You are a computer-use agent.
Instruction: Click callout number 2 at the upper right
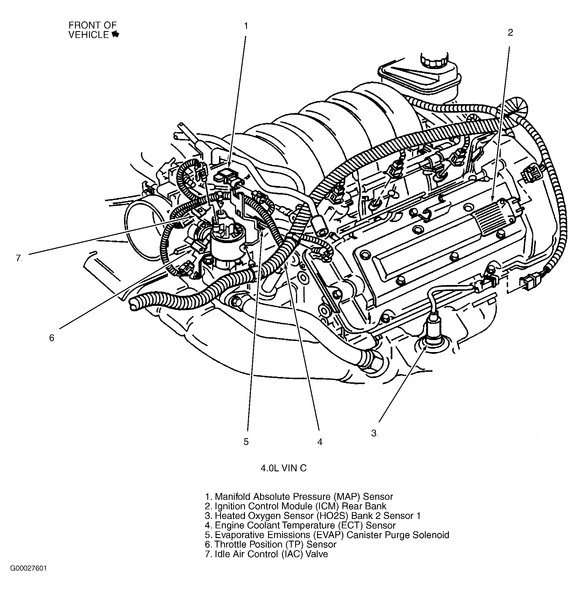tap(510, 33)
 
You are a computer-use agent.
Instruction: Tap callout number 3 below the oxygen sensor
tap(374, 433)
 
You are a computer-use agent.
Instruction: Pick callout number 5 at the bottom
tap(246, 442)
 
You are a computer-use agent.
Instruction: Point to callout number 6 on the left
tap(52, 338)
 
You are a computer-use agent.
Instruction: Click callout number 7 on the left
tap(19, 258)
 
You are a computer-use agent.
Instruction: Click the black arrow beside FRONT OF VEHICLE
tap(115, 35)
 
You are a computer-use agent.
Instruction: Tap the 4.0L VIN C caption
tap(283, 468)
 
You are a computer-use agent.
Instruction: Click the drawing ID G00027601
tap(29, 568)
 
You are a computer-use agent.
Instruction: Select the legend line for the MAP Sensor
tap(299, 497)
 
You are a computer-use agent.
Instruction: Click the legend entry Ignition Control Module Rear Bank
tap(296, 506)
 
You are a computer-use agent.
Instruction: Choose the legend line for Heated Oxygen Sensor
tap(313, 516)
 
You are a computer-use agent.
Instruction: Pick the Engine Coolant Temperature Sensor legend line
tap(300, 525)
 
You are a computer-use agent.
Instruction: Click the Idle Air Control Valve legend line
tap(267, 554)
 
